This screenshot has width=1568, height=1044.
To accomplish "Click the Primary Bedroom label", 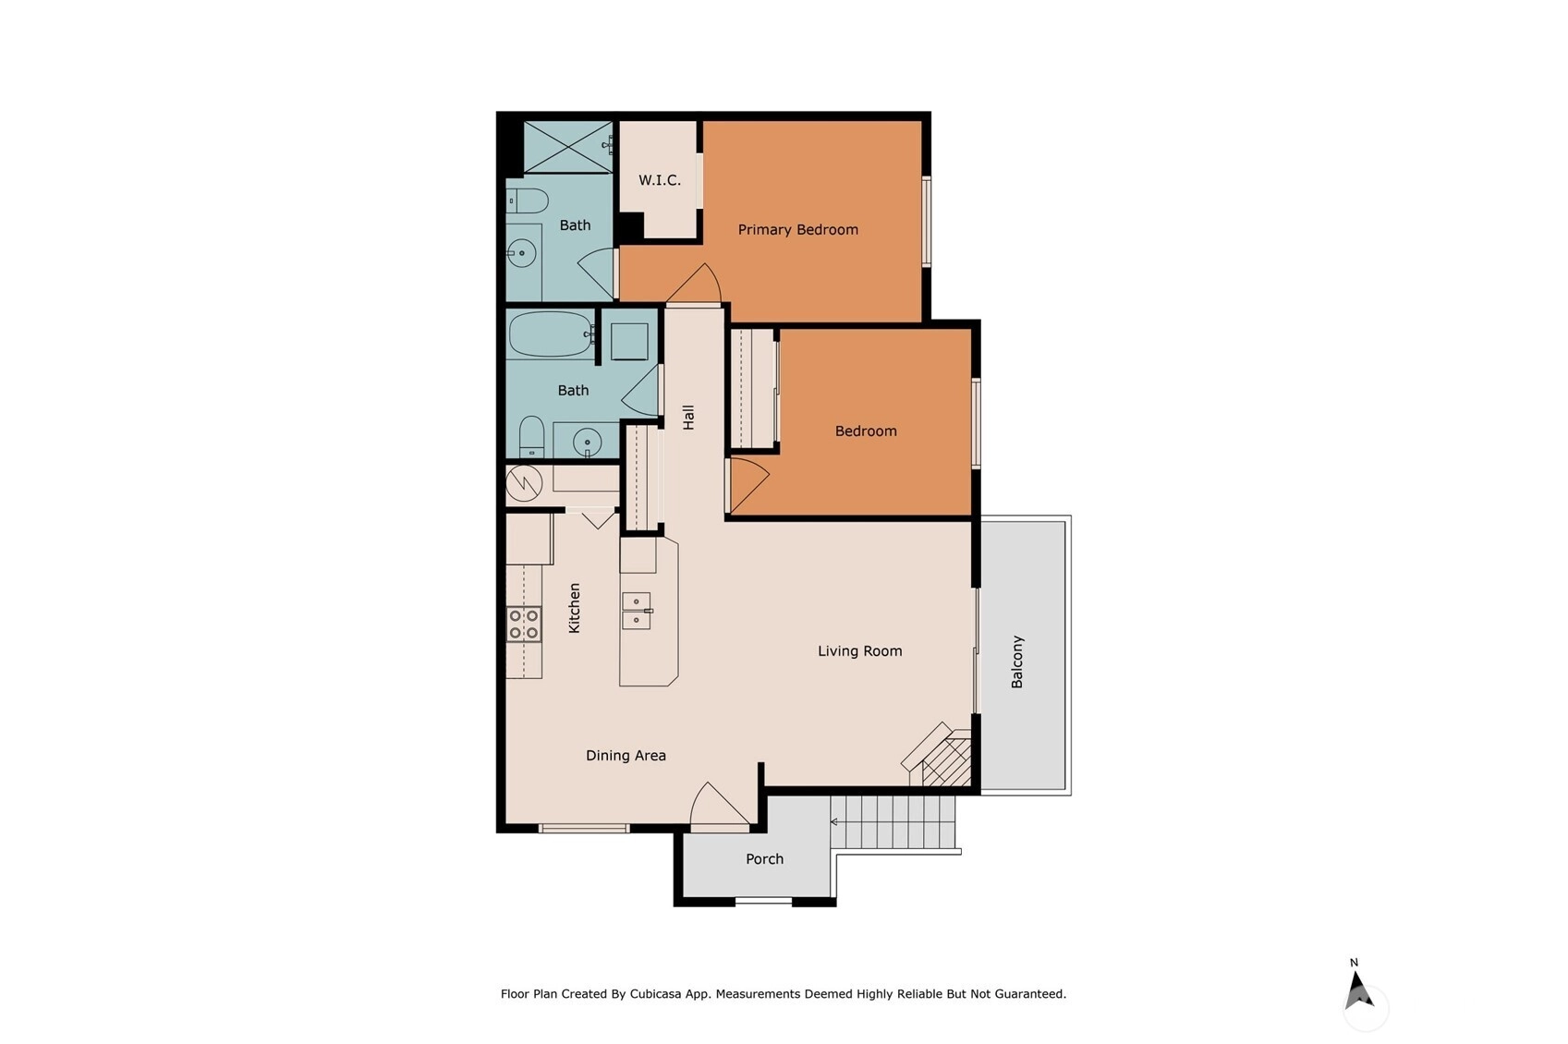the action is pyautogui.click(x=797, y=229).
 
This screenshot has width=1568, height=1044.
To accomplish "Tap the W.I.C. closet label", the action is pyautogui.click(x=660, y=180).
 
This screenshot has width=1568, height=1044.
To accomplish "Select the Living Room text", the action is pyautogui.click(x=859, y=650).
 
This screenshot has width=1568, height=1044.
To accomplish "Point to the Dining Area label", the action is pyautogui.click(x=626, y=756).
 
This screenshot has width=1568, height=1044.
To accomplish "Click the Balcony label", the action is pyautogui.click(x=1017, y=662).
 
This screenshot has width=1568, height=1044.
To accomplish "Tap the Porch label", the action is pyautogui.click(x=764, y=858).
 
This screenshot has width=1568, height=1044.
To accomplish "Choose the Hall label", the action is pyautogui.click(x=688, y=417).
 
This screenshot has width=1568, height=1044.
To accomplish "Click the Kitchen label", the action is pyautogui.click(x=574, y=608).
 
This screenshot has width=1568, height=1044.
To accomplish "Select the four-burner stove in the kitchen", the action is pyautogui.click(x=524, y=625).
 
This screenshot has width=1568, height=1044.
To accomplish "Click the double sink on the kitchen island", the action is pyautogui.click(x=637, y=611).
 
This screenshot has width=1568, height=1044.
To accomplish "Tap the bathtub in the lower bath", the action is pyautogui.click(x=551, y=334).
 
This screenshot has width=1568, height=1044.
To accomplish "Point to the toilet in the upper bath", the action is pyautogui.click(x=527, y=200).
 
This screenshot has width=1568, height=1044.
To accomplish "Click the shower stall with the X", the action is pyautogui.click(x=568, y=147).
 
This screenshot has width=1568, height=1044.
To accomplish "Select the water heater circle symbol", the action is pyautogui.click(x=524, y=483).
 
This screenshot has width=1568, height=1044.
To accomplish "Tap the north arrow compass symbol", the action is pyautogui.click(x=1358, y=990).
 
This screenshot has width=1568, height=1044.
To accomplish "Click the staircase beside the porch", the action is pyautogui.click(x=893, y=822).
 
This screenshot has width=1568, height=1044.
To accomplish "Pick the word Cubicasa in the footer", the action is pyautogui.click(x=655, y=993).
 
